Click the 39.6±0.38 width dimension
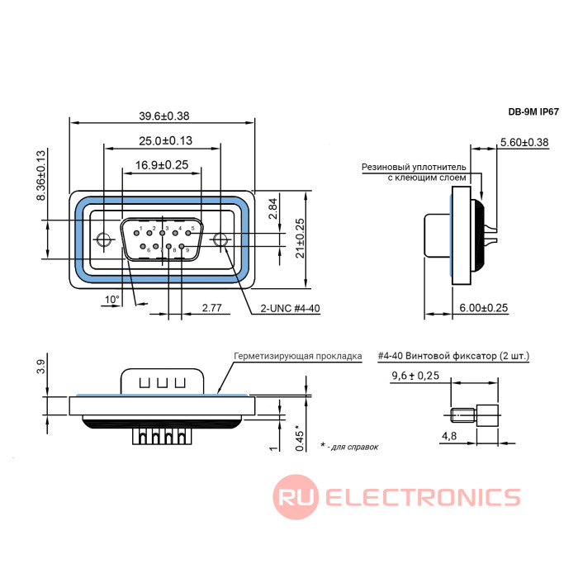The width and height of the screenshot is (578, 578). click(x=164, y=116)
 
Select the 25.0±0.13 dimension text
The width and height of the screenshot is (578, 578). click(x=165, y=141)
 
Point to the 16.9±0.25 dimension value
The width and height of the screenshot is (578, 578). click(x=162, y=165)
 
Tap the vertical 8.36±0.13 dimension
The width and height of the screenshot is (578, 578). click(x=41, y=175)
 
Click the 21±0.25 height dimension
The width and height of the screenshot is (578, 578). click(x=300, y=238)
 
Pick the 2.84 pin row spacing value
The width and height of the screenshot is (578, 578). click(x=272, y=209)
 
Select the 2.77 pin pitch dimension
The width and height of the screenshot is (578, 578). click(x=211, y=308)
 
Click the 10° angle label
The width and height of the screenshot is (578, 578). click(x=112, y=299)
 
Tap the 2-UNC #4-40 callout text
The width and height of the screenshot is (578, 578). click(x=290, y=308)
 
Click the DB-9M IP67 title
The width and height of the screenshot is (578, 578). click(x=533, y=111)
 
